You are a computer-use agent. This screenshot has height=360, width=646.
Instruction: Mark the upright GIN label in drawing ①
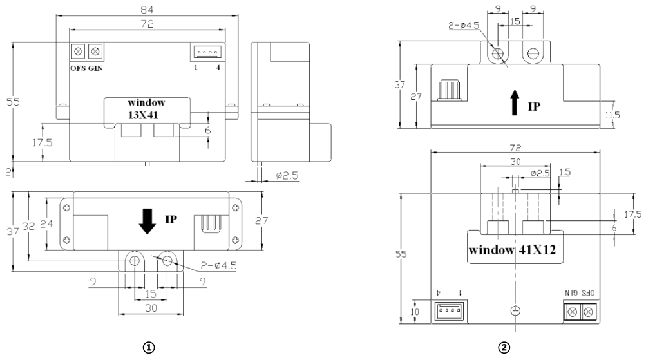tap(95, 68)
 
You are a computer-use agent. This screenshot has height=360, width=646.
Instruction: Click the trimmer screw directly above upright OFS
tap(79, 51)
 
